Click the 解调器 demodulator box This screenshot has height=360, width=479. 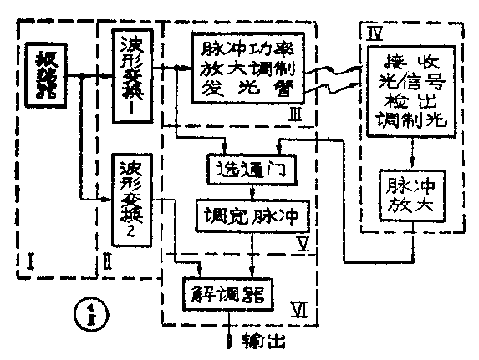232,294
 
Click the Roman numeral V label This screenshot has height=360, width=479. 306,244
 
